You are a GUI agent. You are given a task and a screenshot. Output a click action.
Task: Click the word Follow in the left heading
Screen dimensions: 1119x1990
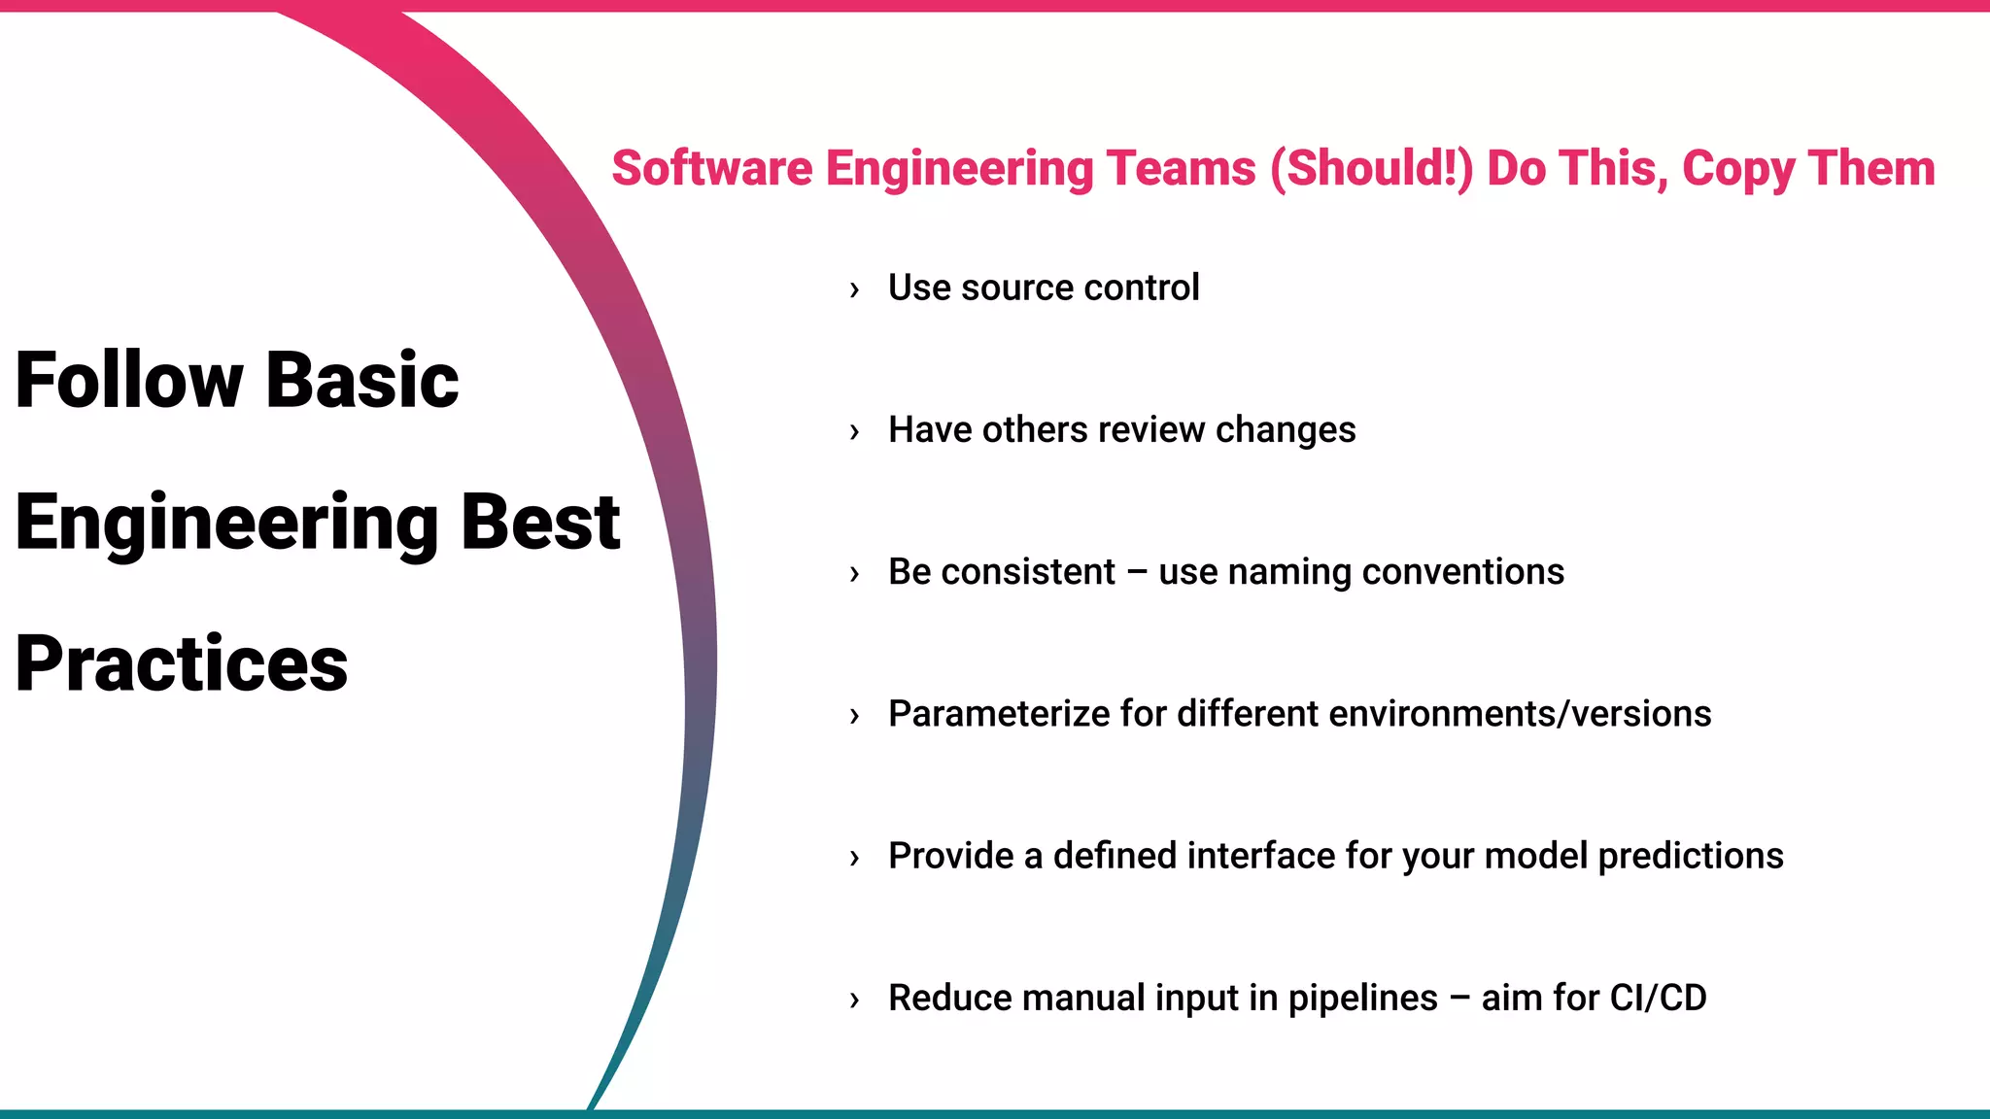[x=128, y=380]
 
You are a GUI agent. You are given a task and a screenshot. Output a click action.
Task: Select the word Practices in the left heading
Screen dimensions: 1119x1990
[x=182, y=664]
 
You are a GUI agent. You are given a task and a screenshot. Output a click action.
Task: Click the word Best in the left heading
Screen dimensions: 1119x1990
[x=540, y=522]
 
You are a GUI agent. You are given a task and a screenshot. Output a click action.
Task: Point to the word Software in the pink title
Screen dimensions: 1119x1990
[x=711, y=168]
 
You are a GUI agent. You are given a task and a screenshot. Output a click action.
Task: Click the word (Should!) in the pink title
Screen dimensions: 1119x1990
[x=1372, y=168]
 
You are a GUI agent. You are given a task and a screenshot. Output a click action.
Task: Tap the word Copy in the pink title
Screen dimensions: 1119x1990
[x=1737, y=170]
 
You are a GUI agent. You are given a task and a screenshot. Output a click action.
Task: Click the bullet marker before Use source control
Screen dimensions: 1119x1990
[x=854, y=289]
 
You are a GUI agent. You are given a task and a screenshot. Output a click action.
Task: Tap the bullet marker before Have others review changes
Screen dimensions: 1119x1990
[x=854, y=431]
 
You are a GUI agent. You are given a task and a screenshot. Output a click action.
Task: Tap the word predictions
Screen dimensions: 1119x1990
[x=1690, y=856]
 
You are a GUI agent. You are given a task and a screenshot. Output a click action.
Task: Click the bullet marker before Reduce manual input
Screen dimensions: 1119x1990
[x=854, y=1000]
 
